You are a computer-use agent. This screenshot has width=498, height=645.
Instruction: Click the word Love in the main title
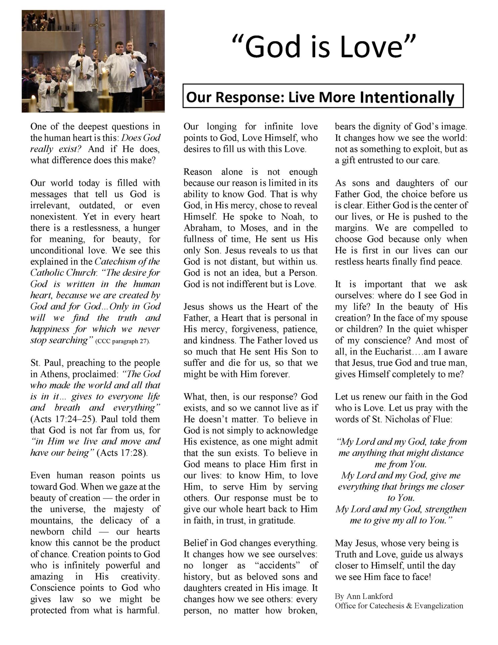tap(371, 47)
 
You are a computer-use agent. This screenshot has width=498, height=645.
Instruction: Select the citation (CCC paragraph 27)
tap(123, 341)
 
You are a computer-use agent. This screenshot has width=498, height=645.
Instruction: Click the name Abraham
tap(202, 228)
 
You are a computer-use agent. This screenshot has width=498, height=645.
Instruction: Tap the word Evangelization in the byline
tap(439, 606)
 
